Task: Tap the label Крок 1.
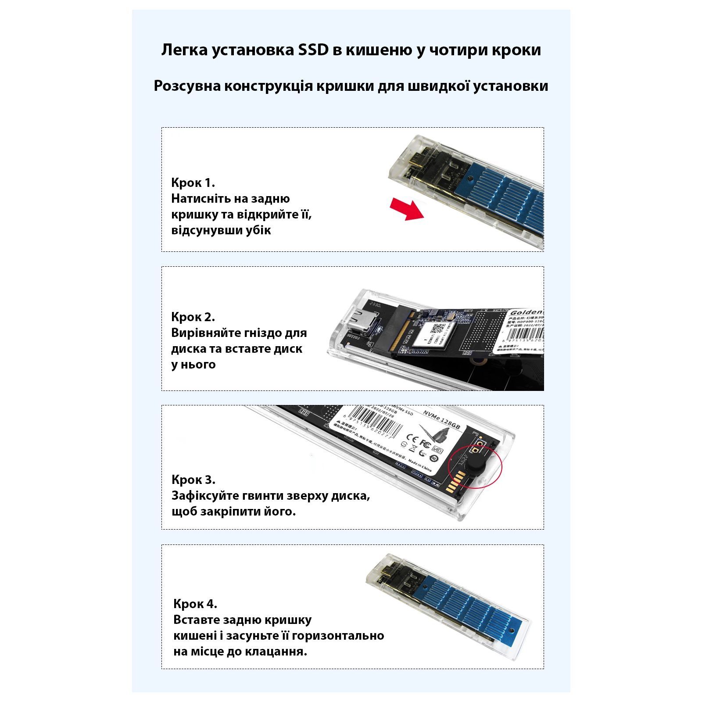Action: click(193, 183)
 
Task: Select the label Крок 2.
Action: click(193, 317)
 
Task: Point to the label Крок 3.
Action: click(193, 480)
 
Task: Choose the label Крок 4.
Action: click(195, 604)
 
